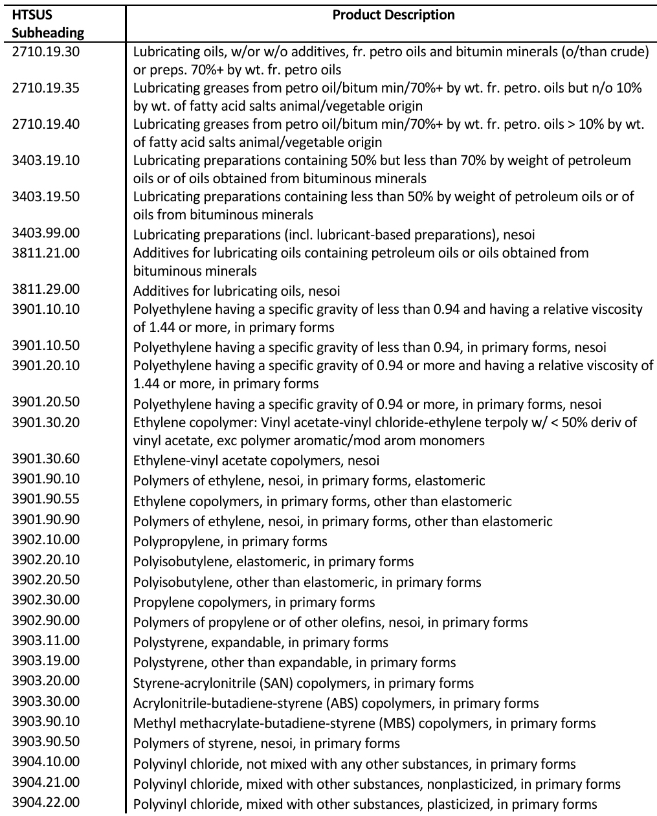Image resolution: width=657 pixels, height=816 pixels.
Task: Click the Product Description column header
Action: (x=393, y=15)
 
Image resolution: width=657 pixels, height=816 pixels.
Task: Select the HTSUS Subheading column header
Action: (x=48, y=23)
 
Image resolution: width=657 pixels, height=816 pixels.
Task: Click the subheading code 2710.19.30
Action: (x=46, y=50)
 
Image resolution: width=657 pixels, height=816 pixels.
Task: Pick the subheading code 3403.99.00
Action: (x=46, y=232)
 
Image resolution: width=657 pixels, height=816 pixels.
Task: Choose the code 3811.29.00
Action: (x=46, y=289)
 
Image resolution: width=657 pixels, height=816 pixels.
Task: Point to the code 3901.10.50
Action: (x=46, y=345)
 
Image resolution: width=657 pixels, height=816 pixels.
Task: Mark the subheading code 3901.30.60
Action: (x=46, y=458)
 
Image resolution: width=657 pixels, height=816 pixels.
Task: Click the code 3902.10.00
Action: (x=46, y=539)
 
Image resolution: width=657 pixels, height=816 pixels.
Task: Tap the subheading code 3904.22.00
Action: (x=46, y=802)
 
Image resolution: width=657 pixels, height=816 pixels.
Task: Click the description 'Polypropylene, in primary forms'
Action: (x=230, y=542)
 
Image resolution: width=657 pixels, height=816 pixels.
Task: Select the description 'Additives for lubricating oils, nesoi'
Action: (x=236, y=291)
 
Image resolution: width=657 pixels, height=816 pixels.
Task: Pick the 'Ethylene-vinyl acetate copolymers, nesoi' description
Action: (x=256, y=461)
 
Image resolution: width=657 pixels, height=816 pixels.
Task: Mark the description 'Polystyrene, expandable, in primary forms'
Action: (x=261, y=643)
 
